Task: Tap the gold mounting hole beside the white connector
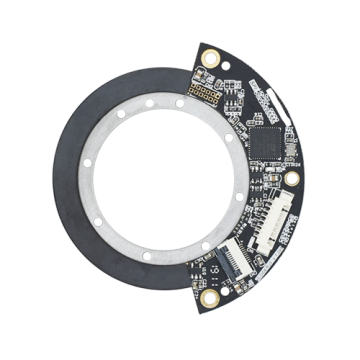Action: (292, 178)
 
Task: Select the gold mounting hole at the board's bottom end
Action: (211, 297)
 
